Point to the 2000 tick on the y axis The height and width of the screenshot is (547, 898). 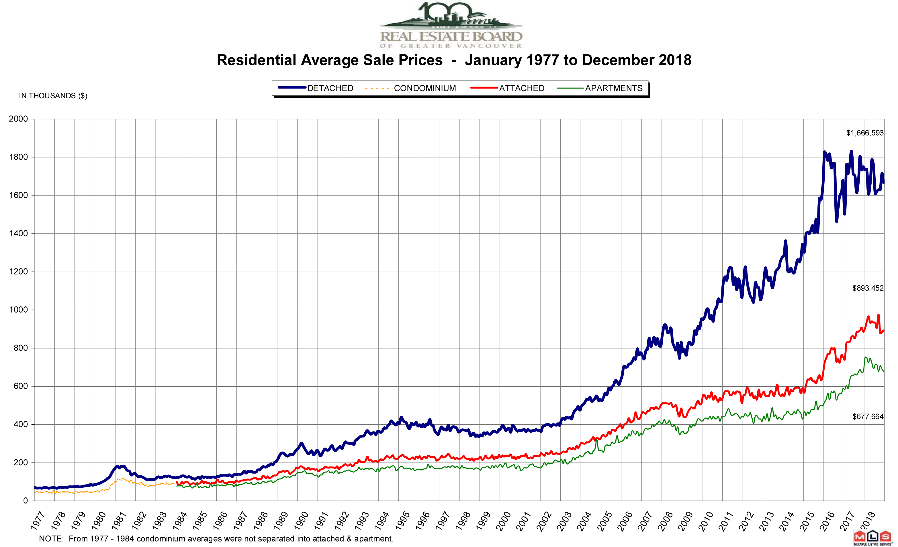18,119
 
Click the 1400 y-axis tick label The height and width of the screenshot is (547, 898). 18,234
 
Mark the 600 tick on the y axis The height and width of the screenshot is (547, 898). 20,386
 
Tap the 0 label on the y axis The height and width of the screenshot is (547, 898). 25,501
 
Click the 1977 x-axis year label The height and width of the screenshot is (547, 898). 38,520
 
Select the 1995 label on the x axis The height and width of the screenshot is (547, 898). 402,520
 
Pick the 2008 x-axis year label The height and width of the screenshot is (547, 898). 666,520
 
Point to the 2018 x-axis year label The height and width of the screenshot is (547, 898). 868,520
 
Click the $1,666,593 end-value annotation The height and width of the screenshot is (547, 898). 864,133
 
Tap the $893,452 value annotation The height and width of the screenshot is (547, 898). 867,288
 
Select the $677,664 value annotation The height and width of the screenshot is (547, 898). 867,417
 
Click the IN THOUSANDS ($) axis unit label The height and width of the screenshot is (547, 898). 53,96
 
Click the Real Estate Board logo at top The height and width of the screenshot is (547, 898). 451,26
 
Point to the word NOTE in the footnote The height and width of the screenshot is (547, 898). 51,539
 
